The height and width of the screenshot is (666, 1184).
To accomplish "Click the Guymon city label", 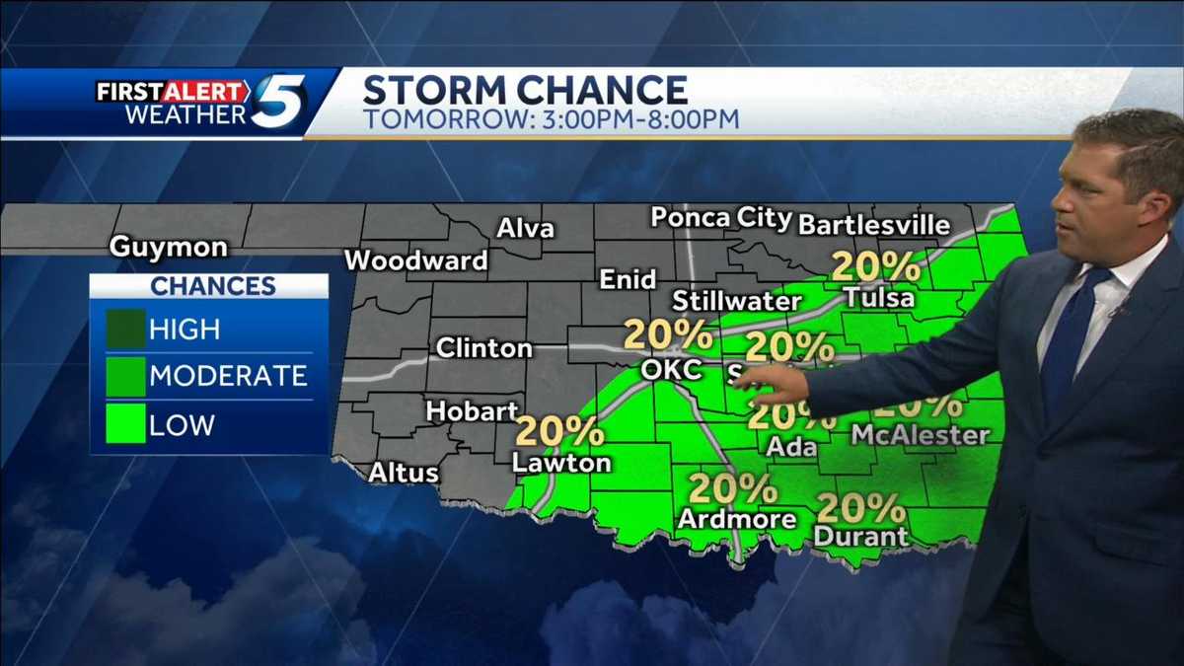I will (168, 247).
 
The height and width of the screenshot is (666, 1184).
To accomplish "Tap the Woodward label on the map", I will (415, 261).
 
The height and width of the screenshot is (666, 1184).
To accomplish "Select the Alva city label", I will (524, 229).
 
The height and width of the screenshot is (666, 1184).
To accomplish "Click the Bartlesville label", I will (873, 225).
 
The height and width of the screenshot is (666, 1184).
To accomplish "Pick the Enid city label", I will (628, 280).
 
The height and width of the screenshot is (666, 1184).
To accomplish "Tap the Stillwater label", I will (736, 301).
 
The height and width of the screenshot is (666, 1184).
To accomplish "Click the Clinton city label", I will (483, 348).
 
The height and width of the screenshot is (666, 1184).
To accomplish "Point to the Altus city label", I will (403, 473).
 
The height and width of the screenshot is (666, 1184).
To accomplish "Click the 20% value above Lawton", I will (559, 431).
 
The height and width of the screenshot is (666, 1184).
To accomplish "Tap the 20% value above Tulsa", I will (876, 266).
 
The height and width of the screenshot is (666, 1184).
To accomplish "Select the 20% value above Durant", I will (860, 508).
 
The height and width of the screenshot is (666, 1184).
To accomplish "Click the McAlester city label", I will (920, 435).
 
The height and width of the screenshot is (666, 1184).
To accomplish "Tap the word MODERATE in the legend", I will (228, 376).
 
